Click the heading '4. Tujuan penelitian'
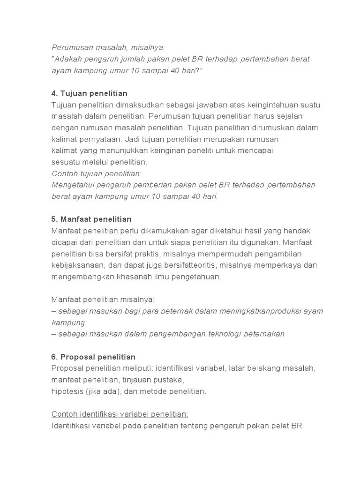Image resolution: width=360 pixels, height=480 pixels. (89, 93)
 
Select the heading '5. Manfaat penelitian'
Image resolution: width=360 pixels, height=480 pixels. (91, 219)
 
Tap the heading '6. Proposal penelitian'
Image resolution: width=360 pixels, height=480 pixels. (93, 357)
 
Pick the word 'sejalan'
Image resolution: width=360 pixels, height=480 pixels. (290, 116)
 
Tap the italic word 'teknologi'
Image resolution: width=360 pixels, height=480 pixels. (211, 334)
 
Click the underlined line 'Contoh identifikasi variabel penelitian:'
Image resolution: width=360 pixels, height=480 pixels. (120, 414)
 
